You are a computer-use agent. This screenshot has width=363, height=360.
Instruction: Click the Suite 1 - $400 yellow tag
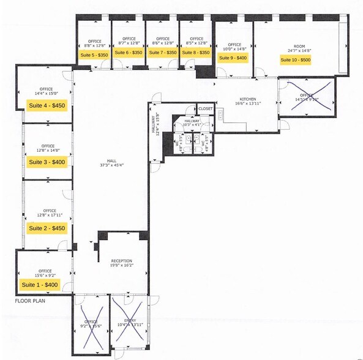pyautogui.click(x=39, y=285)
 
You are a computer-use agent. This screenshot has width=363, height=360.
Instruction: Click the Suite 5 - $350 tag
pyautogui.click(x=94, y=54)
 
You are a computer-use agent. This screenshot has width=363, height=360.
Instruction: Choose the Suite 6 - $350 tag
pyautogui.click(x=129, y=53)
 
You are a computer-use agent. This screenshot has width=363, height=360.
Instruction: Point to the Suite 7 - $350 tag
pyautogui.click(x=162, y=53)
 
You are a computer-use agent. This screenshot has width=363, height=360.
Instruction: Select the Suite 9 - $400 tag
pyautogui.click(x=233, y=58)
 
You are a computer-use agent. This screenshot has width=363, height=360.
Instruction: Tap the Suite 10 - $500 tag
pyautogui.click(x=296, y=59)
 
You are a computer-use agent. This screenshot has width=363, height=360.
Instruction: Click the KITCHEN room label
pyautogui.click(x=248, y=99)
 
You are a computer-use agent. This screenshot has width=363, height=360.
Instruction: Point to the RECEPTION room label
pyautogui.click(x=121, y=260)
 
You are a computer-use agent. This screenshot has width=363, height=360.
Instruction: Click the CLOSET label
pyautogui.click(x=206, y=108)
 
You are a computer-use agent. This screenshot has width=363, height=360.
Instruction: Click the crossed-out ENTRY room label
pyautogui.click(x=130, y=321)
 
